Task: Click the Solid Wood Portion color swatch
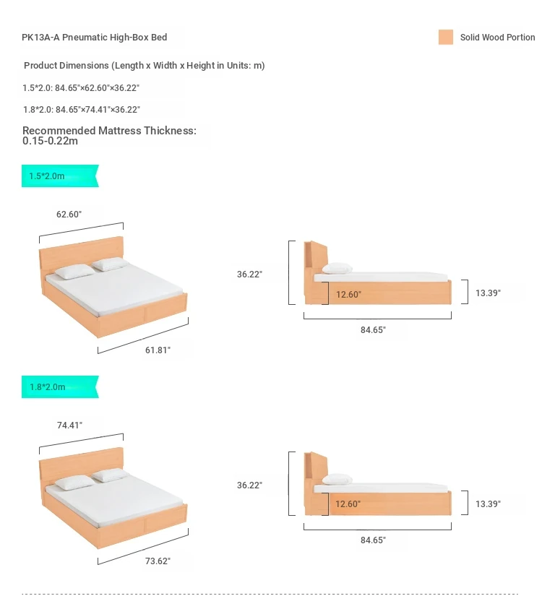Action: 446,38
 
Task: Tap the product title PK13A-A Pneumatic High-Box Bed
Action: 95,38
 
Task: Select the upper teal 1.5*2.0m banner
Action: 60,176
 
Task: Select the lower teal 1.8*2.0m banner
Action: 60,386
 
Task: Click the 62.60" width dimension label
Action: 69,215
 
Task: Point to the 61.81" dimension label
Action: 158,350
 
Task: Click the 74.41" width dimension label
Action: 69,426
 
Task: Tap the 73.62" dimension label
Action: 158,561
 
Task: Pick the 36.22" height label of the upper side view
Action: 249,275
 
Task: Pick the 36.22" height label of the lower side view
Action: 249,485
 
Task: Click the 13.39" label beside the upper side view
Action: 488,293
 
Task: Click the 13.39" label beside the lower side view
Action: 488,504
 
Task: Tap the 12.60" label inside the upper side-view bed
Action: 348,295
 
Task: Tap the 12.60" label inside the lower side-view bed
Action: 348,504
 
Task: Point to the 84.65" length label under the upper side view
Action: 373,329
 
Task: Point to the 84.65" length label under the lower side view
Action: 373,540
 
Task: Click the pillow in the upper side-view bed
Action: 337,268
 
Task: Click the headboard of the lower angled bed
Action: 82,463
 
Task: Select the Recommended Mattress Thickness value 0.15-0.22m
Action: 50,141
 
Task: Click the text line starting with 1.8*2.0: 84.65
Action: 82,110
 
